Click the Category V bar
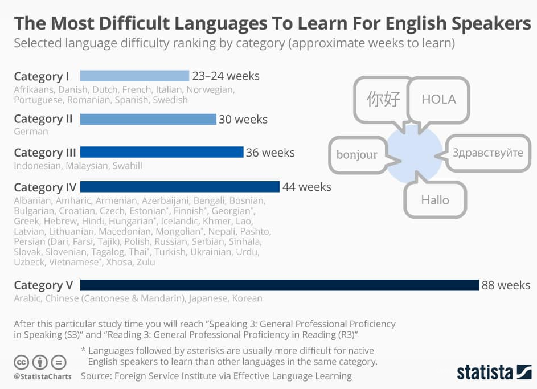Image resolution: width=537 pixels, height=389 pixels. [x=279, y=285]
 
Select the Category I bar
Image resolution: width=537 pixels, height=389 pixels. [x=134, y=76]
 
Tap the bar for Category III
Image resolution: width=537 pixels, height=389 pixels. [x=162, y=152]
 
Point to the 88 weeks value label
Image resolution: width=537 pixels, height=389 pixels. [x=506, y=285]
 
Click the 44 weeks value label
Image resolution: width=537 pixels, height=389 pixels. [x=306, y=186]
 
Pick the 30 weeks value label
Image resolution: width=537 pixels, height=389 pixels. [x=243, y=119]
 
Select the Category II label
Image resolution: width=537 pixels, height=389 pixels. [x=43, y=119]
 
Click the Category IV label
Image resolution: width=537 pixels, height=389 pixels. [x=45, y=187]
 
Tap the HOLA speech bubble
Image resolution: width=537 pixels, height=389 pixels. [x=438, y=99]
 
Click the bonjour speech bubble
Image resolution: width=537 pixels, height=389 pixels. [x=357, y=154]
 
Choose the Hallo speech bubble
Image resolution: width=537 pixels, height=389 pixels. [x=435, y=200]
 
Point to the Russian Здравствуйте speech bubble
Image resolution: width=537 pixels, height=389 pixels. [x=487, y=153]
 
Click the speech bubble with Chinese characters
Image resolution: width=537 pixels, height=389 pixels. [x=383, y=99]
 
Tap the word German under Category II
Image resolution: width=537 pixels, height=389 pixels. [x=31, y=132]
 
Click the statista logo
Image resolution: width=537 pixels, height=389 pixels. [x=494, y=372]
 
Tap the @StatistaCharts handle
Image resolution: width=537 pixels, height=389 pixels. [x=42, y=376]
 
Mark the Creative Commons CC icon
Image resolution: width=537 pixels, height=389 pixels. [x=22, y=362]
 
